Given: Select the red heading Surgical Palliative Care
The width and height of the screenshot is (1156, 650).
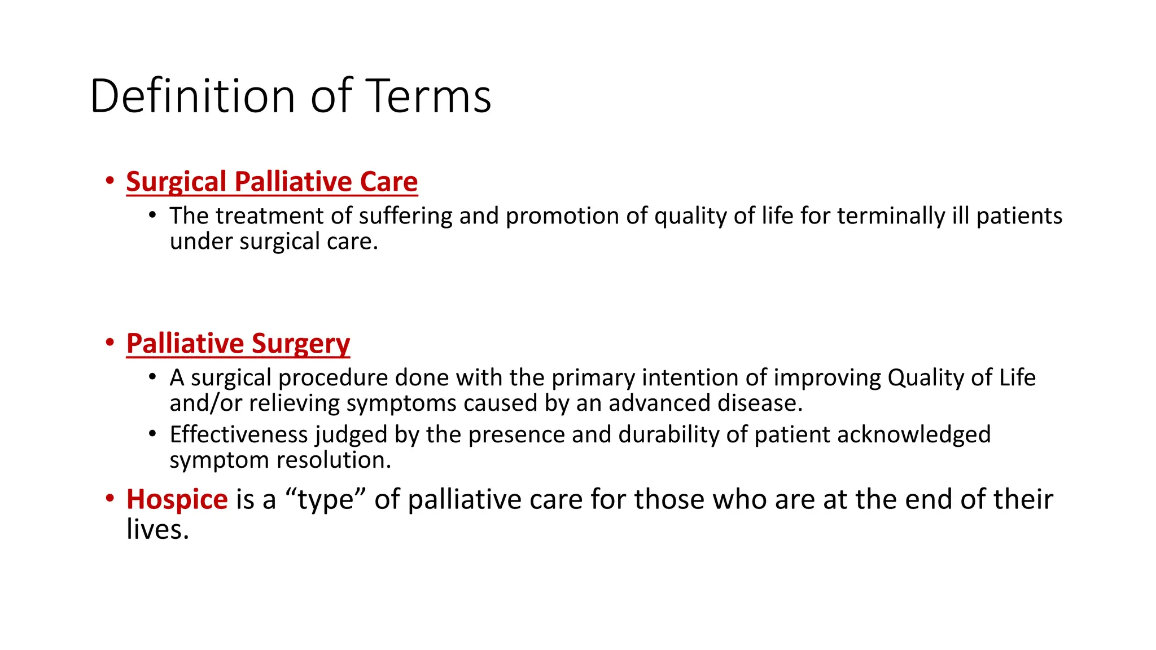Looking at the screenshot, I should click(272, 182).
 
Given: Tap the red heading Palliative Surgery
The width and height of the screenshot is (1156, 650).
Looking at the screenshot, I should click(238, 344).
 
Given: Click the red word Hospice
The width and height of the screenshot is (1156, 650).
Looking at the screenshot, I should click(177, 499).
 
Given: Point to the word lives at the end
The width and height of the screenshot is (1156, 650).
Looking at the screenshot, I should click(157, 529).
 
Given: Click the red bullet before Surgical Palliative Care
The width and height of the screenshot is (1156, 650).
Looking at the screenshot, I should click(110, 181).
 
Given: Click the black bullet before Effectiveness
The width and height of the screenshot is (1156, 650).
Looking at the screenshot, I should click(152, 434).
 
